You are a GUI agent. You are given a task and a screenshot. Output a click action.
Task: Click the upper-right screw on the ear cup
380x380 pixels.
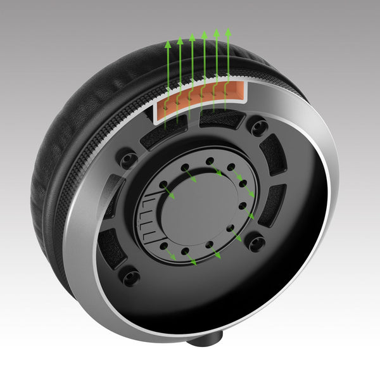(x=257, y=127)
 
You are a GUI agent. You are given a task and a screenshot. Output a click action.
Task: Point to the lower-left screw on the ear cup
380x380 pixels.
(x=130, y=276)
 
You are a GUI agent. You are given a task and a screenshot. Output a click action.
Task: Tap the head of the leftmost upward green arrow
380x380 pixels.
(x=168, y=45)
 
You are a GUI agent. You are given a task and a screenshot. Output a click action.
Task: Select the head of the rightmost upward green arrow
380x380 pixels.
(x=229, y=30)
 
